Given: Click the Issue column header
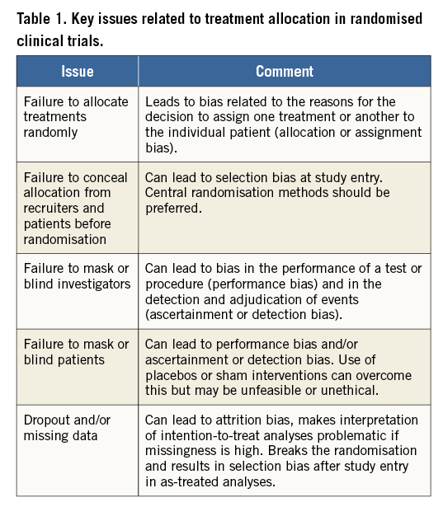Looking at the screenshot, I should click(x=77, y=71).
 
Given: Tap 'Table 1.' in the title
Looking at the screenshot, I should click(x=42, y=18).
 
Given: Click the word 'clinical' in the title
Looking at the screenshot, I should click(x=39, y=40).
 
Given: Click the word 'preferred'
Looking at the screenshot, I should click(x=173, y=209).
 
